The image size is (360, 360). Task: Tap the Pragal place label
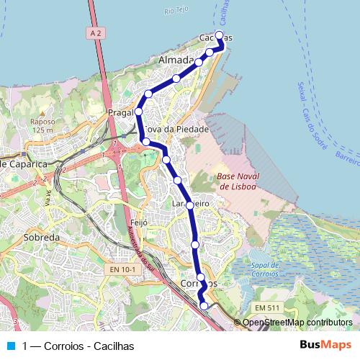[x=120, y=113]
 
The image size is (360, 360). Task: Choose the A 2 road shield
[x=97, y=32]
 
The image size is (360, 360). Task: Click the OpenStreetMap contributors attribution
[x=297, y=323]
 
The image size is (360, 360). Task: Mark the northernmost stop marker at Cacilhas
[x=219, y=35]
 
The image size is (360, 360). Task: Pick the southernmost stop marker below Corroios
[x=204, y=306]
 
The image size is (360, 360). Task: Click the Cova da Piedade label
[x=177, y=129]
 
